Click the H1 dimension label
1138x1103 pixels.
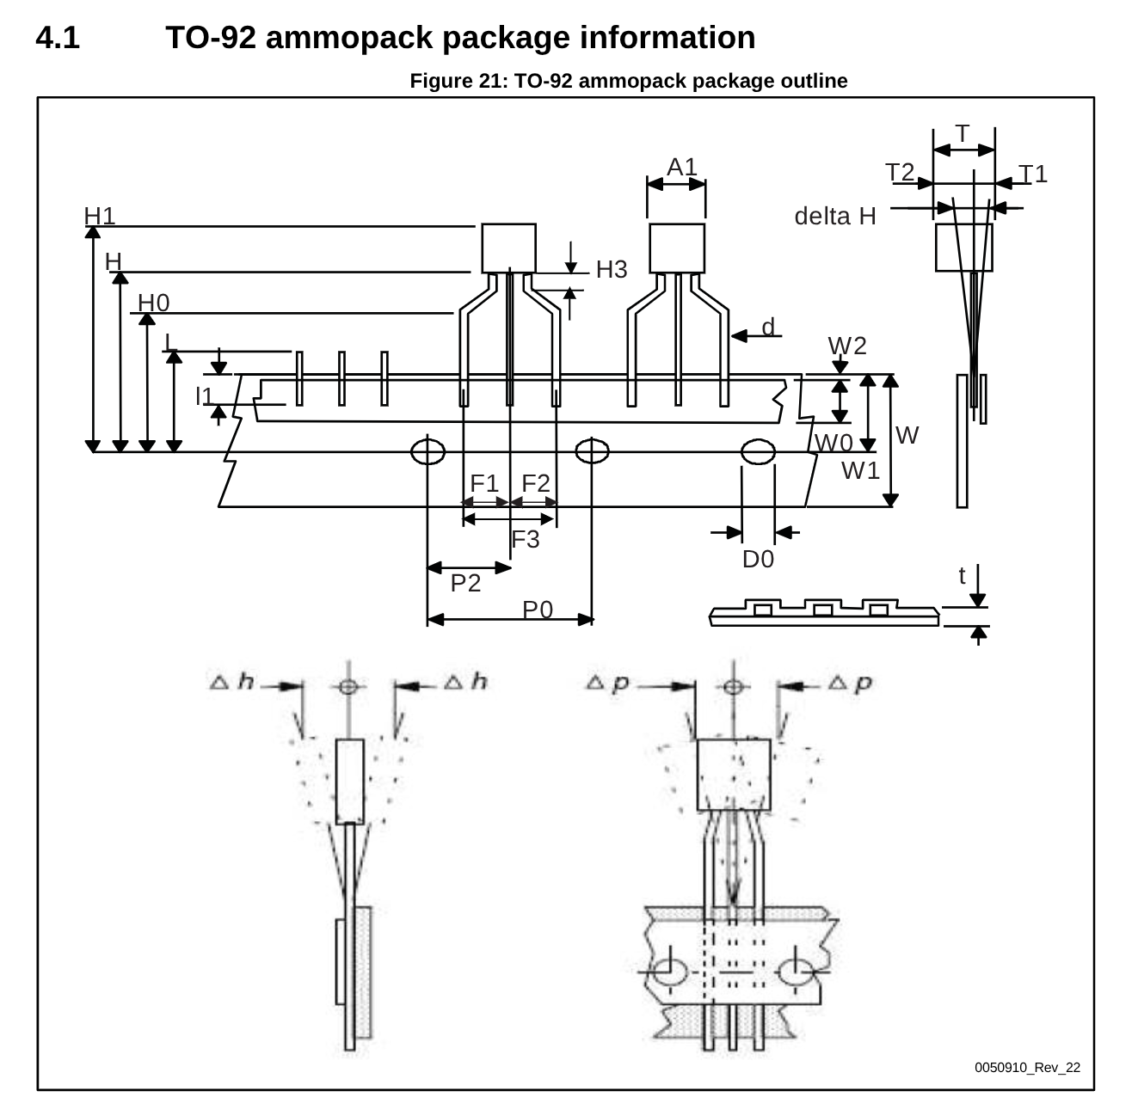click(100, 216)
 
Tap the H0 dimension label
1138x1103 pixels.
click(154, 303)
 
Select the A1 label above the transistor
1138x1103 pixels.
click(682, 167)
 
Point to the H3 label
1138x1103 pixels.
click(612, 270)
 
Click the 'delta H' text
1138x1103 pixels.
click(834, 217)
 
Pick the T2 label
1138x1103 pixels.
click(900, 173)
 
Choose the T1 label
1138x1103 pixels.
click(1033, 175)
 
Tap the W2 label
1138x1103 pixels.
click(847, 346)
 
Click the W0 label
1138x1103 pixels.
click(834, 444)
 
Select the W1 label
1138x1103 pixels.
click(860, 471)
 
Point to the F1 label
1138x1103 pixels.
click(484, 483)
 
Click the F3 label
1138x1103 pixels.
click(526, 540)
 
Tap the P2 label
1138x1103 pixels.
click(465, 584)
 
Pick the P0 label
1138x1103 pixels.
click(538, 610)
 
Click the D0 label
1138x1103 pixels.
click(758, 560)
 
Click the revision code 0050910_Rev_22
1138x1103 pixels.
click(1027, 1068)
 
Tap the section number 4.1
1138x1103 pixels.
click(58, 38)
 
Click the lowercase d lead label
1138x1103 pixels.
click(768, 327)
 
